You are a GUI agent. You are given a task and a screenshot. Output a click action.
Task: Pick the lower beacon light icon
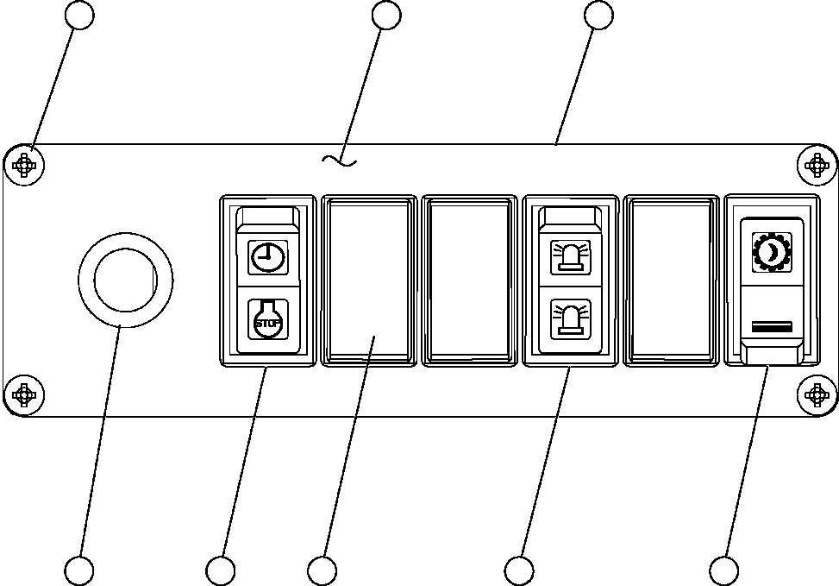pyautogui.click(x=569, y=318)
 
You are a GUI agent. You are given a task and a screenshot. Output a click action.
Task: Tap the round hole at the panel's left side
pyautogui.click(x=125, y=280)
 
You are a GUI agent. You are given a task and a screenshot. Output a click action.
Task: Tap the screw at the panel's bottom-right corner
pyautogui.click(x=816, y=395)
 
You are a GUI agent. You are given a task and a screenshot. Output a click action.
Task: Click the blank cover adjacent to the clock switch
pyautogui.click(x=368, y=280)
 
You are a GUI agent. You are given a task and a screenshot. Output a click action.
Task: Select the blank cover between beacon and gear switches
pyautogui.click(x=672, y=280)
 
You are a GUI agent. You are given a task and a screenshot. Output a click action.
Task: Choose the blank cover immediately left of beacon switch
pyautogui.click(x=469, y=280)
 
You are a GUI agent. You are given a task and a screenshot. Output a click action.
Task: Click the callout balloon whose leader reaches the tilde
pyautogui.click(x=386, y=15)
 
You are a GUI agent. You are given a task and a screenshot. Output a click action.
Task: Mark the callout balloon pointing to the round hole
pyautogui.click(x=79, y=570)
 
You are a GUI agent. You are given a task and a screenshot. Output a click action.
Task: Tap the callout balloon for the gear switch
pyautogui.click(x=723, y=570)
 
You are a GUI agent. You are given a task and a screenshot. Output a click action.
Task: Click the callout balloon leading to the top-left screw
pyautogui.click(x=80, y=15)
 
